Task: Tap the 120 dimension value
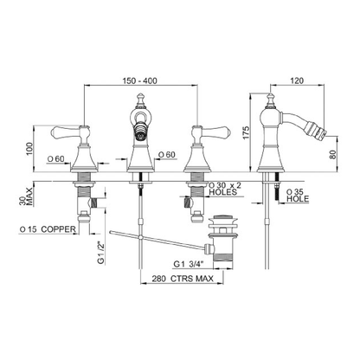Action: click(x=297, y=80)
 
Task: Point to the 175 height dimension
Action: click(x=246, y=132)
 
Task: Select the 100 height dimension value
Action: click(x=30, y=149)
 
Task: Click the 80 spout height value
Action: click(x=333, y=154)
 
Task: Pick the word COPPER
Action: click(x=58, y=229)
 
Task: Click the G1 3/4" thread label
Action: click(x=189, y=264)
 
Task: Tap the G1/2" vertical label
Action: click(x=100, y=253)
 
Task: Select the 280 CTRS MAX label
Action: click(x=183, y=279)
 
